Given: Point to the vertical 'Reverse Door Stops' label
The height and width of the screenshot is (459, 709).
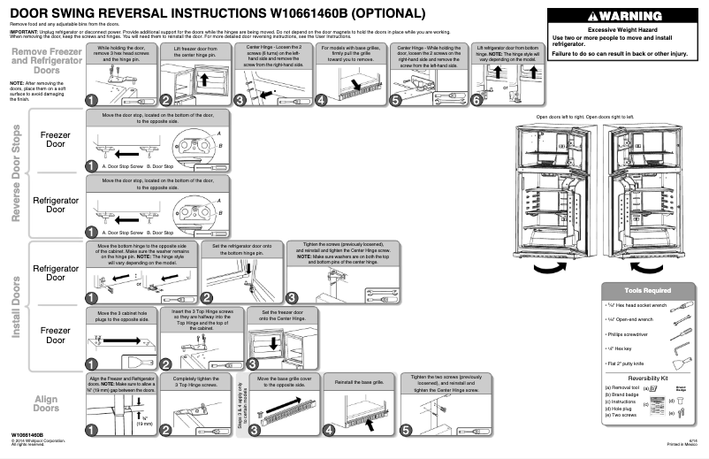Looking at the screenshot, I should point(13,174).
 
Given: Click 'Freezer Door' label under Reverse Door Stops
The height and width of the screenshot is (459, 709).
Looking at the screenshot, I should point(56,141).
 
